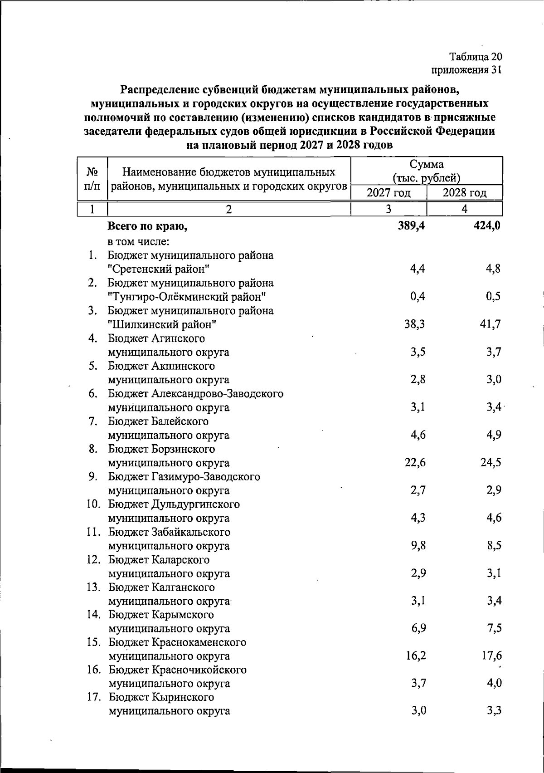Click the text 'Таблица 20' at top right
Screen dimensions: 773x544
476,57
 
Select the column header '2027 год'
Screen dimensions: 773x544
389,193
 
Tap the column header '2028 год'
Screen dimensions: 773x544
465,193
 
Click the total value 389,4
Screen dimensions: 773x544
411,225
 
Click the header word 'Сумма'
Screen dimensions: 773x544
426,164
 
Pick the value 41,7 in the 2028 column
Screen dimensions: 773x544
490,324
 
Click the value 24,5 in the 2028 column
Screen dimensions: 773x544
490,463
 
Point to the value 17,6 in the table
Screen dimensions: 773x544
491,656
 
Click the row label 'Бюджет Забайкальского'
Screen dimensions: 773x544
169,532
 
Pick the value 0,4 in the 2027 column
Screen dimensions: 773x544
417,297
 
